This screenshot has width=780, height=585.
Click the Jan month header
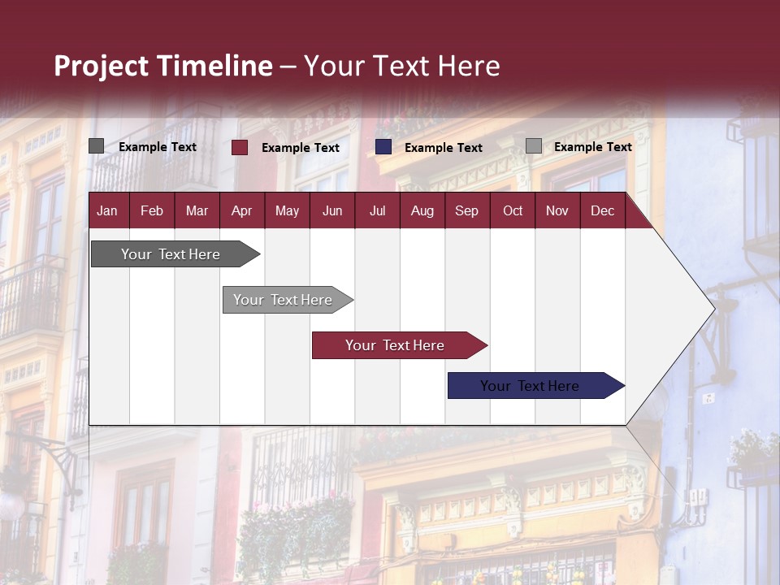(107, 210)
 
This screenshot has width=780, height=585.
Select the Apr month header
(241, 210)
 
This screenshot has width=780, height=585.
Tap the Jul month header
(377, 210)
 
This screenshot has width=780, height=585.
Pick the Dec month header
(602, 210)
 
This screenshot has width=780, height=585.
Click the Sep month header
(466, 210)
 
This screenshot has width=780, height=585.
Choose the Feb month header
(152, 210)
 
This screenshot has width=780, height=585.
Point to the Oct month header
(513, 210)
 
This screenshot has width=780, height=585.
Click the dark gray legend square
(96, 146)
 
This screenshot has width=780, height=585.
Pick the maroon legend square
(240, 147)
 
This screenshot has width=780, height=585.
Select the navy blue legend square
(383, 147)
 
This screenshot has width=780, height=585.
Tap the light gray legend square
(533, 146)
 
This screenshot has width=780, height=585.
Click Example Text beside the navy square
(443, 148)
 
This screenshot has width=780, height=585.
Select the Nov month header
(557, 210)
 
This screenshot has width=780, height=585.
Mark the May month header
(287, 210)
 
